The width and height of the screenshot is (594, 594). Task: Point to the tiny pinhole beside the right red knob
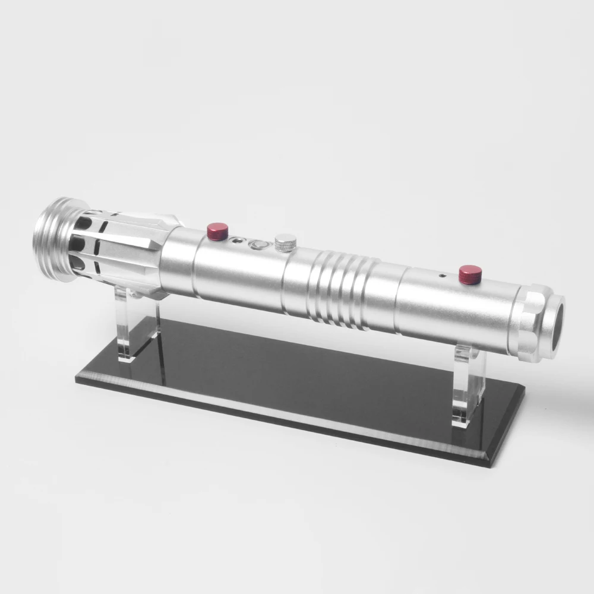(441, 276)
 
